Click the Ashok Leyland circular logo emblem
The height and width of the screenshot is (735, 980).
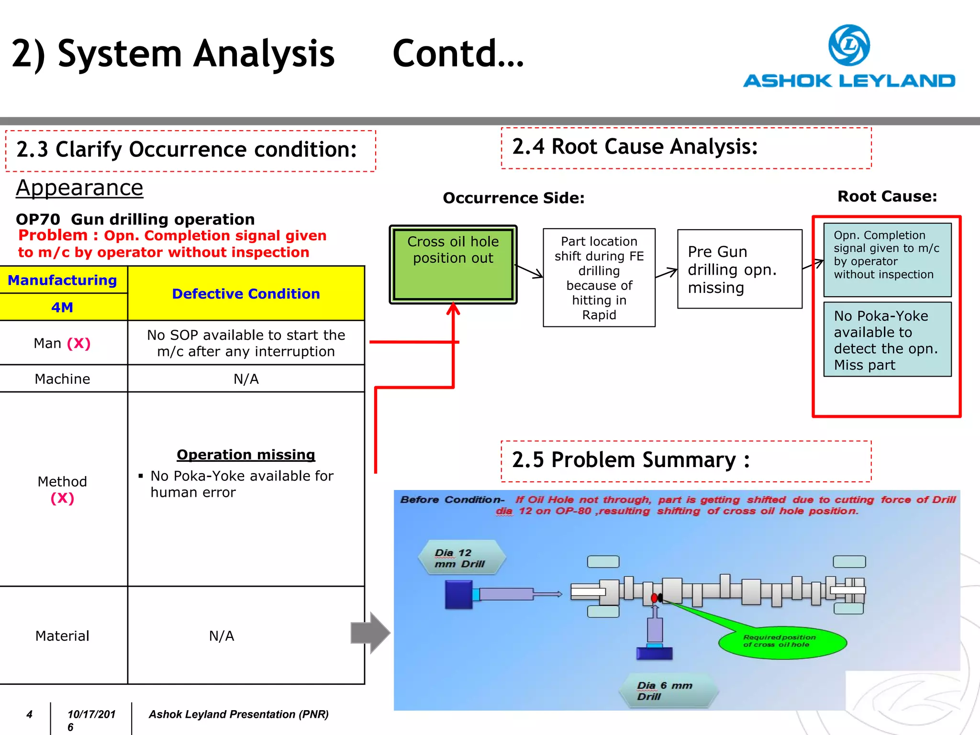tap(849, 45)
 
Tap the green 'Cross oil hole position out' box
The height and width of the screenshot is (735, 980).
tap(453, 264)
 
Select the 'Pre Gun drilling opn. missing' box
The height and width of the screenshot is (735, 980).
tap(739, 269)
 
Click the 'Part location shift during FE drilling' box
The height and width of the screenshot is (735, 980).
tap(599, 278)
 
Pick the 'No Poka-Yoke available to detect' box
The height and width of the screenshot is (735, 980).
tap(887, 340)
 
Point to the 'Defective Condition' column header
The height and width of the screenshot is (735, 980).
tap(246, 293)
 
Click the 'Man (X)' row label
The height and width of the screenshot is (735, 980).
tap(62, 343)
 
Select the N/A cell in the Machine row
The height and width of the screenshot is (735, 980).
tap(246, 379)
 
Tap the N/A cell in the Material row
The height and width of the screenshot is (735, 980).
tap(222, 636)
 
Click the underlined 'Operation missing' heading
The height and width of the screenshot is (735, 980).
tap(246, 455)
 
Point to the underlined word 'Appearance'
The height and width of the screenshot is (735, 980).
tap(79, 188)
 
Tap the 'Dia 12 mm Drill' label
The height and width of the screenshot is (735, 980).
tap(460, 558)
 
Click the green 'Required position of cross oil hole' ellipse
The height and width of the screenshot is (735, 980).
tap(782, 642)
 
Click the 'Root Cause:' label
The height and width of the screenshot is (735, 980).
tap(887, 196)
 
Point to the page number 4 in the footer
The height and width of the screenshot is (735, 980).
tap(30, 714)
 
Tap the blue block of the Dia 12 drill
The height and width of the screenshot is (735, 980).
tap(458, 594)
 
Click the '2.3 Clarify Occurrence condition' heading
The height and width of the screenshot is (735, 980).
tap(187, 150)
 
